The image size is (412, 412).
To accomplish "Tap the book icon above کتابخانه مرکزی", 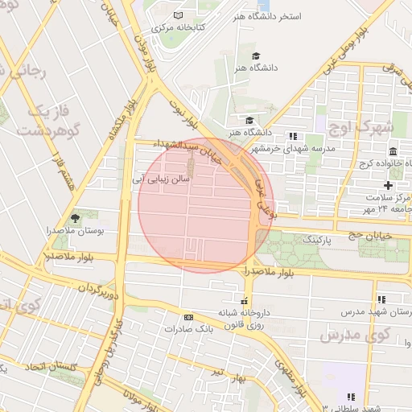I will [x=178, y=15].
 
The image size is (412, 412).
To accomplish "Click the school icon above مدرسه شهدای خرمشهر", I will [x=293, y=136].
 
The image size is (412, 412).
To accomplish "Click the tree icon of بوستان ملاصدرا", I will [x=76, y=218].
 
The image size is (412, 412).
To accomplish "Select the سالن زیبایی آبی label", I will [x=161, y=180].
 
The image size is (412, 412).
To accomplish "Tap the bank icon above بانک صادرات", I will [x=188, y=316].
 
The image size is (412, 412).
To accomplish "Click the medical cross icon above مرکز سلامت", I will [x=389, y=185].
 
